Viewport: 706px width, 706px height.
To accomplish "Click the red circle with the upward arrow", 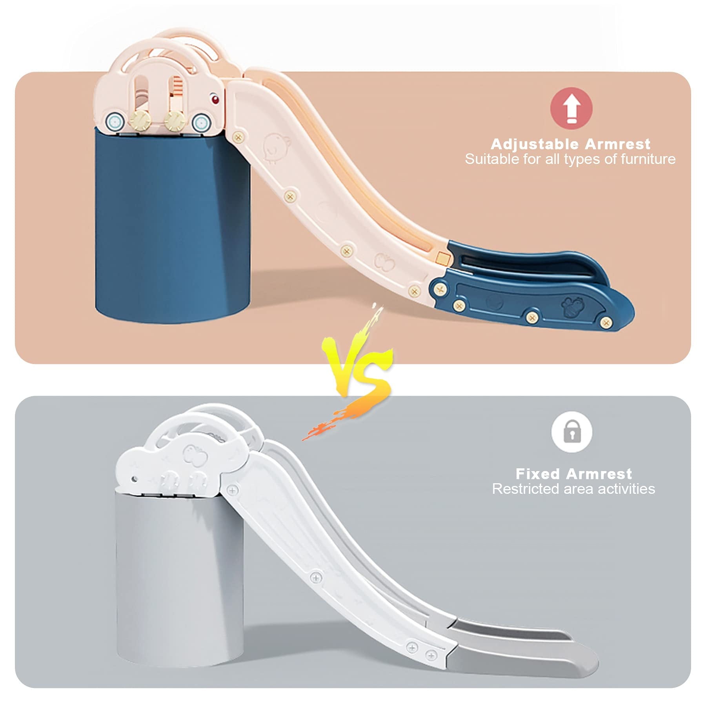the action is point(571,108).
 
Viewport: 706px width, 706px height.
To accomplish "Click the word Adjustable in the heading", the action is point(535,144).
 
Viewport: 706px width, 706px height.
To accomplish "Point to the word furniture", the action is point(648,159).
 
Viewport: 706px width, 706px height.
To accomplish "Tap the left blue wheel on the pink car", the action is point(115,122).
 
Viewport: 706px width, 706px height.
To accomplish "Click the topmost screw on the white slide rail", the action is point(232,490).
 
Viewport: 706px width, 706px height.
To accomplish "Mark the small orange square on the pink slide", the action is point(442,257).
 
